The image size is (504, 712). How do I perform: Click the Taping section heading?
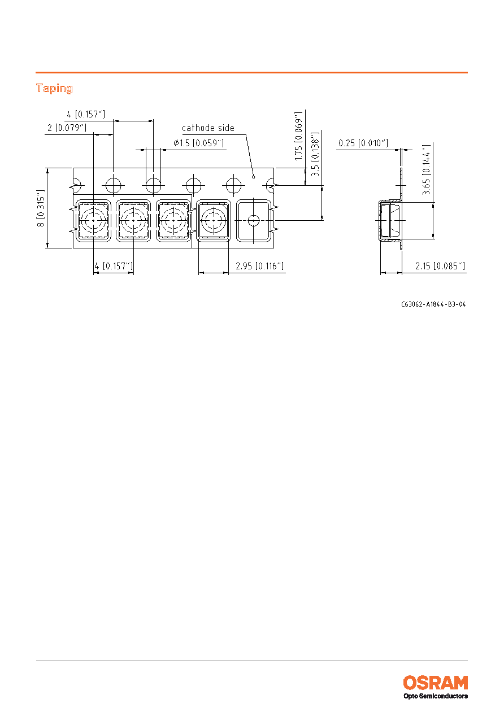click(x=54, y=88)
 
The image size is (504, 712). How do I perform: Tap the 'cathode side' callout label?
click(x=208, y=128)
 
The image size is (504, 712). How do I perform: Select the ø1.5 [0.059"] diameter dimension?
click(x=198, y=143)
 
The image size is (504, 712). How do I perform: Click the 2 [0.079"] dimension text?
click(x=67, y=128)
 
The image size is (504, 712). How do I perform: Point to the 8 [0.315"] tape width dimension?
click(x=41, y=208)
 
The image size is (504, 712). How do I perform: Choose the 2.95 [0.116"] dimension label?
click(x=259, y=266)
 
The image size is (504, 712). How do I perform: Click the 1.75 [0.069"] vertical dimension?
click(x=298, y=136)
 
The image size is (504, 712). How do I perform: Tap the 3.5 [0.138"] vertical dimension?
click(x=315, y=154)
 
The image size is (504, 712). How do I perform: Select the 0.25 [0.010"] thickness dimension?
click(x=363, y=143)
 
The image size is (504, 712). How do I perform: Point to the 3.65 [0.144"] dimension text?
click(x=426, y=170)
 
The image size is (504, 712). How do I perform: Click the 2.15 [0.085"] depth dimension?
click(x=440, y=266)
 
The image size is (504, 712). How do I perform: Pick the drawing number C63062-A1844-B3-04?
click(x=433, y=304)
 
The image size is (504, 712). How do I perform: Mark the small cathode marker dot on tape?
click(x=254, y=177)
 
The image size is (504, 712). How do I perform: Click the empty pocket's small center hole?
click(x=254, y=220)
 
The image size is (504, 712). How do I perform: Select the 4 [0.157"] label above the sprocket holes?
click(x=86, y=115)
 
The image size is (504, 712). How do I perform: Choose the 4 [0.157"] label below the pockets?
click(x=114, y=266)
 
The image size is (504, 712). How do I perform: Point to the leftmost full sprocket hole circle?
click(x=114, y=185)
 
